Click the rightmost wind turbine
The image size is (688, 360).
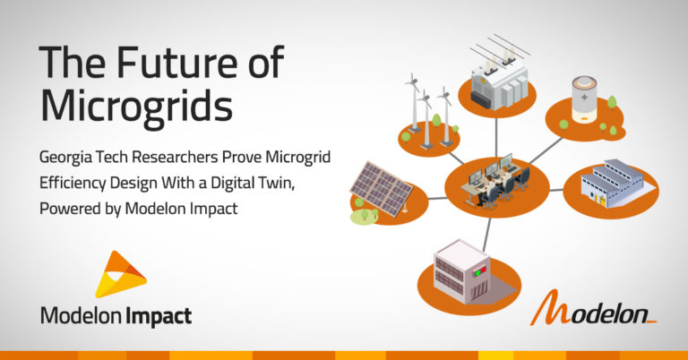tap(445, 111)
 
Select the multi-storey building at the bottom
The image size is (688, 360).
tap(463, 268)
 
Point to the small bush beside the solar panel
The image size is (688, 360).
tap(362, 214)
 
